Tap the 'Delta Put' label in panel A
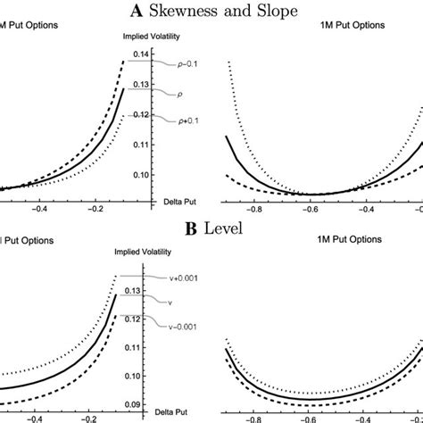(155, 201)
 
